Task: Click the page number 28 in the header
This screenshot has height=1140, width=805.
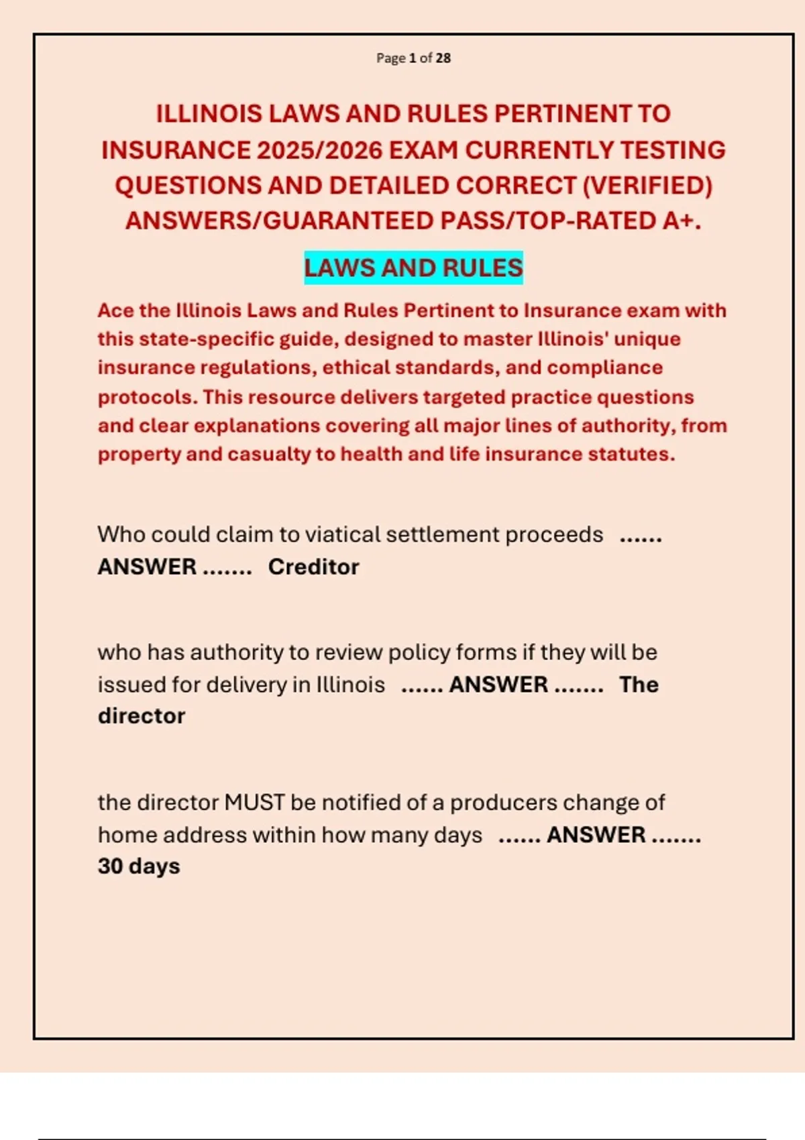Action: click(443, 58)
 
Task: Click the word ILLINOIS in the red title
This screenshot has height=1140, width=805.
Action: click(209, 114)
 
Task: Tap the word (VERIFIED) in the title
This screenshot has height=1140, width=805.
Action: click(647, 186)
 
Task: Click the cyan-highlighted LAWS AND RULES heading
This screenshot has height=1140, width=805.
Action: click(413, 268)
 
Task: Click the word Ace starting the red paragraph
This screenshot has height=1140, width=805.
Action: click(115, 311)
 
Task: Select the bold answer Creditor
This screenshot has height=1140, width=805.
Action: click(313, 567)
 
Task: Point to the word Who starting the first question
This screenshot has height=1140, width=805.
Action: click(121, 535)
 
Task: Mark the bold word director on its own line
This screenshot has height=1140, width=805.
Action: click(142, 716)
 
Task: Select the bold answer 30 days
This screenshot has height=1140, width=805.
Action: click(139, 866)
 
